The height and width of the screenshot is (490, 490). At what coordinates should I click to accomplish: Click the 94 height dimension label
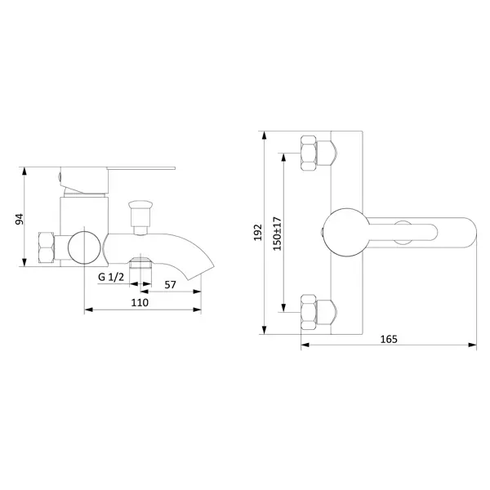[x=20, y=219]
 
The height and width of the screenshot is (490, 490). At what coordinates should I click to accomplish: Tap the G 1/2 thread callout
[x=111, y=277]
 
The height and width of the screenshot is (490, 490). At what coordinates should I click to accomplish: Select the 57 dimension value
[x=170, y=285]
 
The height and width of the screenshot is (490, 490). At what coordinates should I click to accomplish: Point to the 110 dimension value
[x=140, y=302]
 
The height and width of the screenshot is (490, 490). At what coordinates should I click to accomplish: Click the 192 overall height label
[x=258, y=233]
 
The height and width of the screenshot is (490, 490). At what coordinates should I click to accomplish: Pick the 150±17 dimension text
[x=277, y=233]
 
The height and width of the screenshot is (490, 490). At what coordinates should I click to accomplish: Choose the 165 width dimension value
[x=389, y=339]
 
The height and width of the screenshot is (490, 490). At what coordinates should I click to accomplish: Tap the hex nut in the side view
[x=47, y=247]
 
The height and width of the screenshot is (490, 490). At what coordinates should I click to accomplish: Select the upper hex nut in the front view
[x=309, y=154]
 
